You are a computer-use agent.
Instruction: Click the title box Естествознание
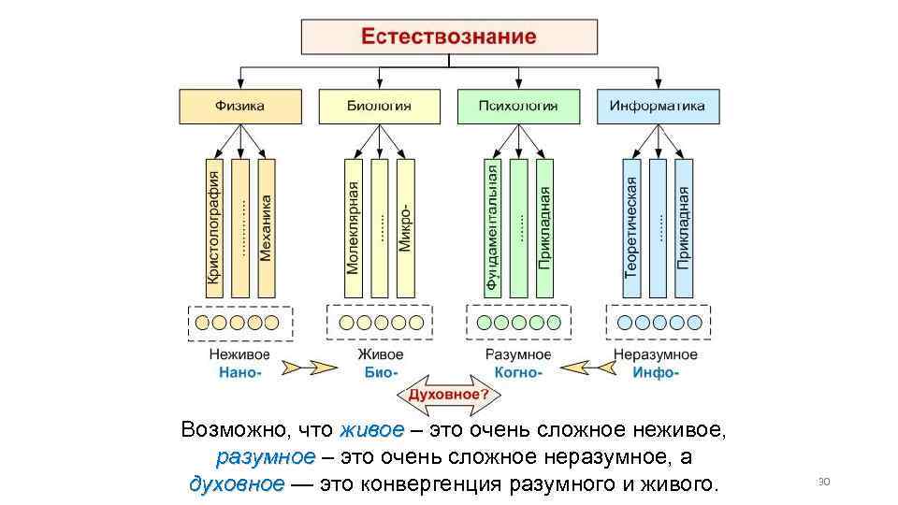tap(448, 37)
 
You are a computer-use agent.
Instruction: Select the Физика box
tap(240, 107)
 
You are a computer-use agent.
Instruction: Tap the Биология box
tap(379, 107)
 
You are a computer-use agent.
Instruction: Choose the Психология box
tap(518, 107)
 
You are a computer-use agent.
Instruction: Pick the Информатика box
tap(658, 107)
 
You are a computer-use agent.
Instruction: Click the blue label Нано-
tap(240, 372)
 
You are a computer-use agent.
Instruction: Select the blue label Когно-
tap(518, 372)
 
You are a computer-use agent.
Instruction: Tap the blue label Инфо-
tap(656, 372)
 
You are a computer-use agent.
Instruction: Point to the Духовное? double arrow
tap(447, 395)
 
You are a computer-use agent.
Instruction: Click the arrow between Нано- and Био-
tap(309, 367)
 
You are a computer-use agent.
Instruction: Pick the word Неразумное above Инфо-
tap(656, 354)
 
